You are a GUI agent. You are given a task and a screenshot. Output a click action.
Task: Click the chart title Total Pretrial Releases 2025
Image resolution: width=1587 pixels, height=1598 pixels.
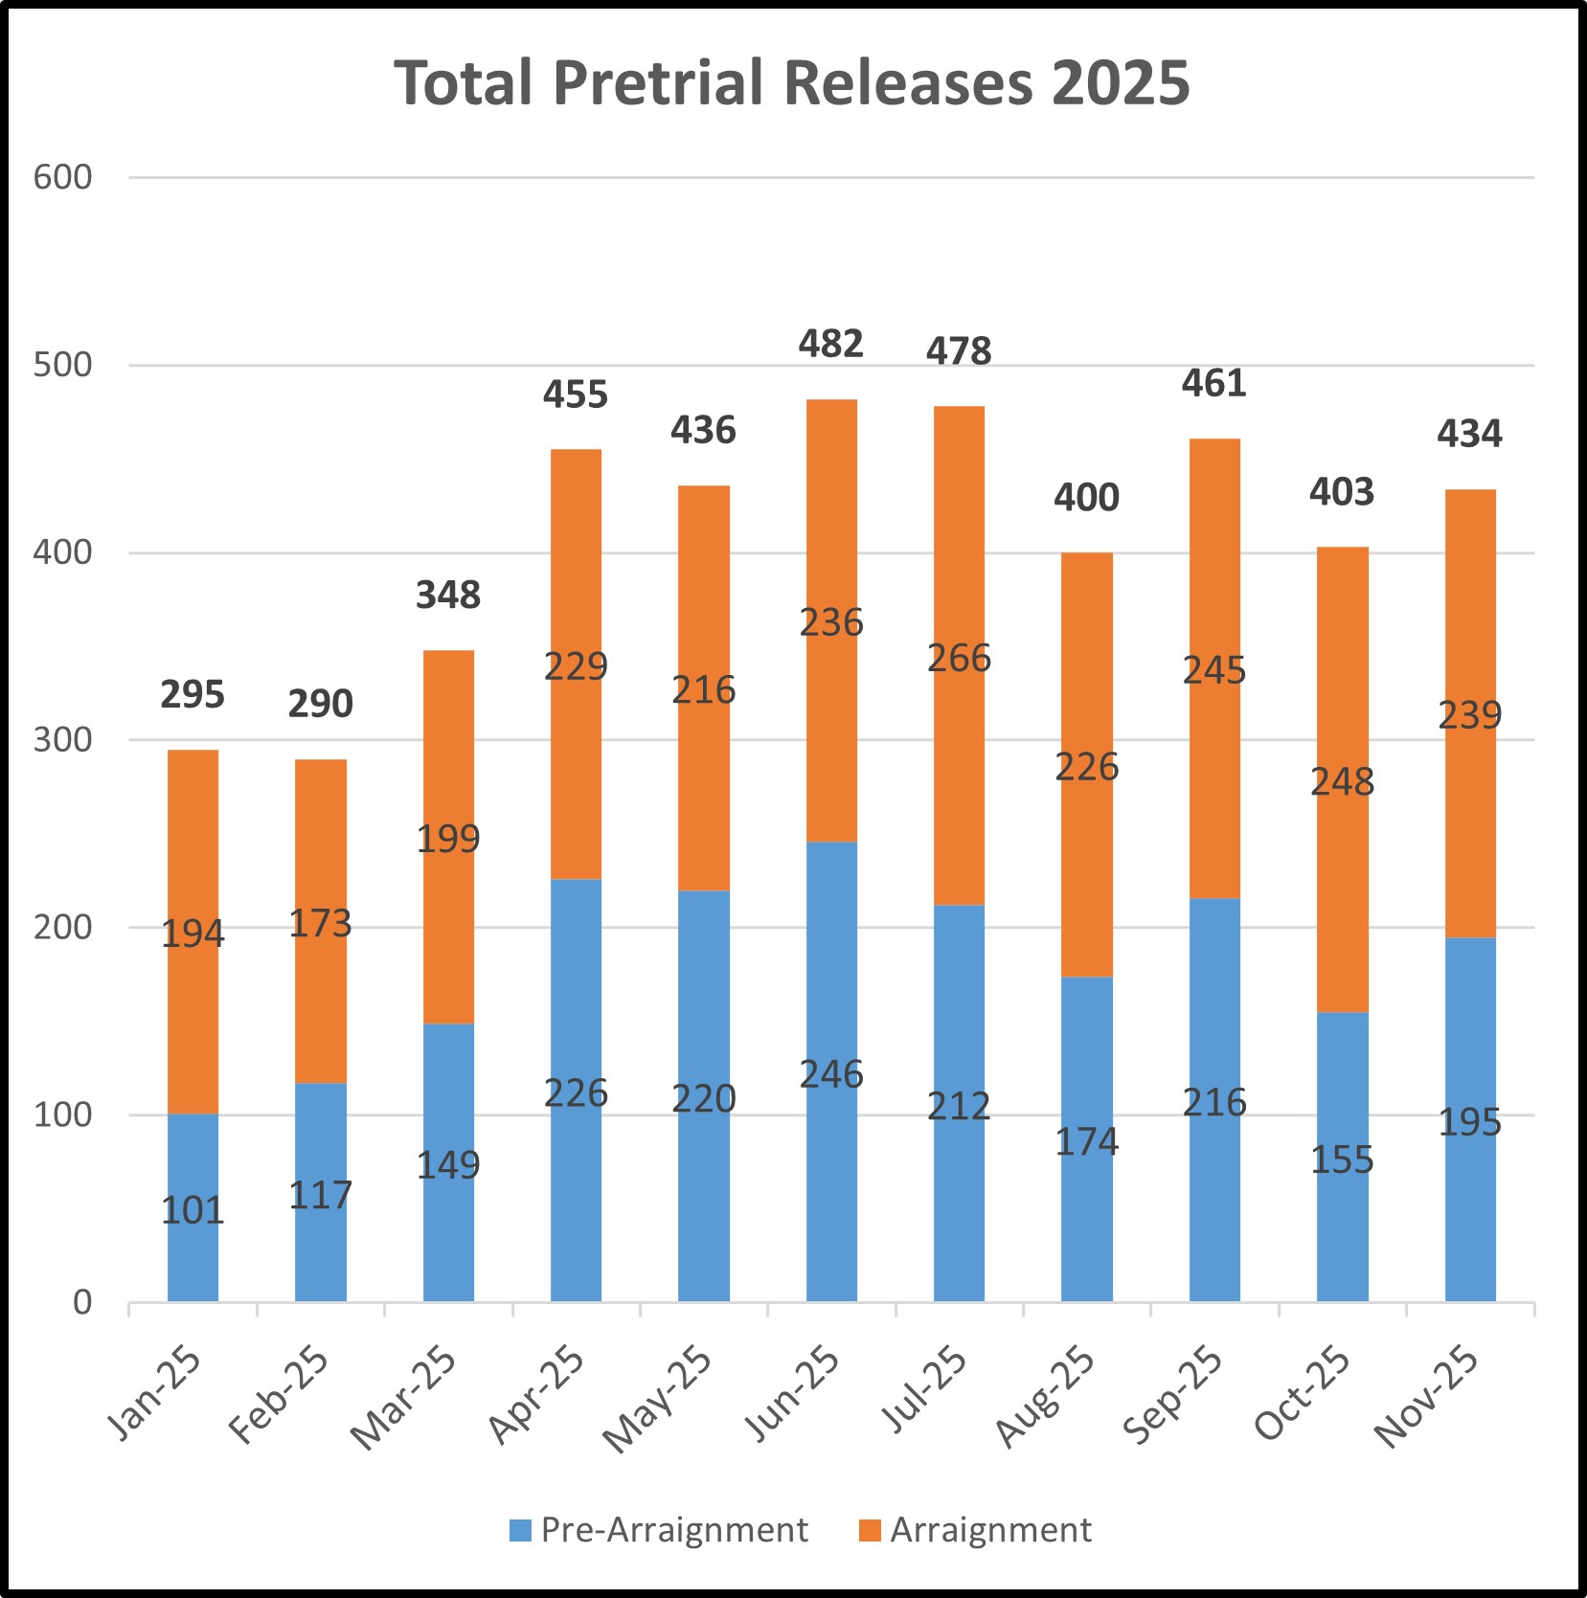point(792,83)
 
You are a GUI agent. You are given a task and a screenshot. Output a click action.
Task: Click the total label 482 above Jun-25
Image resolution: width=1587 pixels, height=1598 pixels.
point(830,344)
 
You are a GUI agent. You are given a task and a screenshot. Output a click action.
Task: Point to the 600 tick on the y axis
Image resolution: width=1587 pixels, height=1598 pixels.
point(62,177)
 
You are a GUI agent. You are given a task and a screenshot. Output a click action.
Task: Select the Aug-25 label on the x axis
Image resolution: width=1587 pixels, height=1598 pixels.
point(1046,1395)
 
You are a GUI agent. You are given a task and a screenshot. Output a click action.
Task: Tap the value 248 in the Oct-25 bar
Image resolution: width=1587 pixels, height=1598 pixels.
point(1342,782)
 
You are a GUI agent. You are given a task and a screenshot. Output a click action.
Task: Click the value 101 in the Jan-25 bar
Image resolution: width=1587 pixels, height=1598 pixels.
point(193,1211)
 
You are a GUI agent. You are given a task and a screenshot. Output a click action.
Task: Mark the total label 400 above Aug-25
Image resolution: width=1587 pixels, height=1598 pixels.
point(1086,498)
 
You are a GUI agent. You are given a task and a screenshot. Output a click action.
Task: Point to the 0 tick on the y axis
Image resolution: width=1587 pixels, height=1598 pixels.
point(82,1302)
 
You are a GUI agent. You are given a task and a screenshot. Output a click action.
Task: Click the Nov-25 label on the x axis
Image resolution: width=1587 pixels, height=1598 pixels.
point(1427,1395)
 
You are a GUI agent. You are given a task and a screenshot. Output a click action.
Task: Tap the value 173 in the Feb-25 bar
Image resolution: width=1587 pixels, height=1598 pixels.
point(320,924)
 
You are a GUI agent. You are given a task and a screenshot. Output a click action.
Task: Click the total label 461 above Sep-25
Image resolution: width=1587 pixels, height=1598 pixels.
point(1213,384)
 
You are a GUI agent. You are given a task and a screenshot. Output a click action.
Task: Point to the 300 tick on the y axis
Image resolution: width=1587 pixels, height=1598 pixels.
point(62,739)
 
